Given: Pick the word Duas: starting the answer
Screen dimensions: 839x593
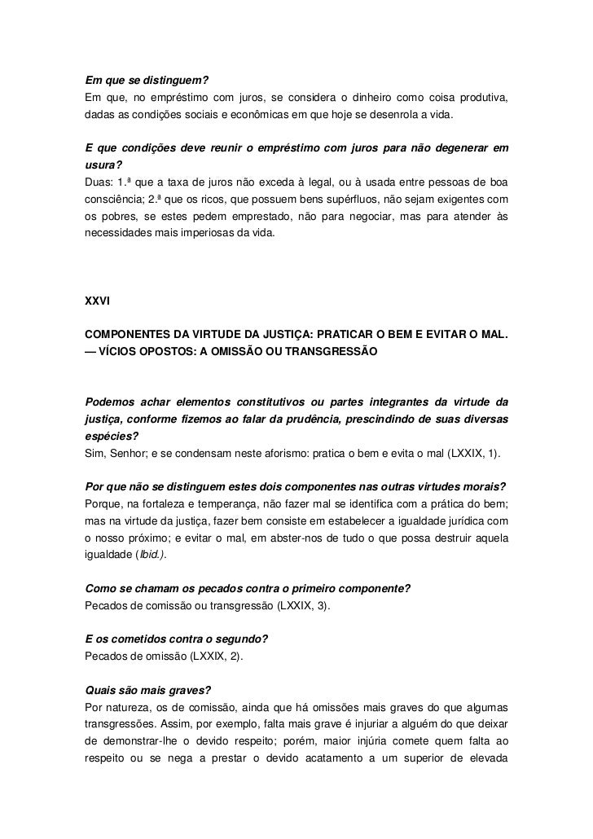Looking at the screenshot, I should pyautogui.click(x=99, y=181).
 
